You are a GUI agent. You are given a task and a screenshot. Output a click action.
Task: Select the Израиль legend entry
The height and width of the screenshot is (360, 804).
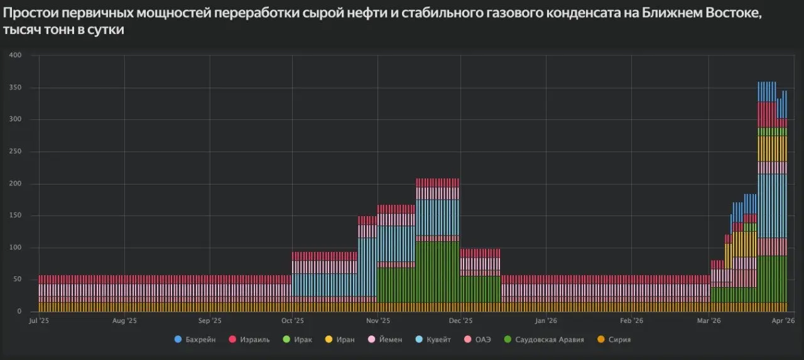tap(251, 340)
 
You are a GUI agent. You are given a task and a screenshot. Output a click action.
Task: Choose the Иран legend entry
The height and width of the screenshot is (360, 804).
tap(340, 340)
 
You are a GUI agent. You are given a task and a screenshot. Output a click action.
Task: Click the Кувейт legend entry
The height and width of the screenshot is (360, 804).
tap(433, 340)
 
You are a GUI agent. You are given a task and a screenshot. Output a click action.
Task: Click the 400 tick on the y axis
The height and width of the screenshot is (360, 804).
tap(16, 55)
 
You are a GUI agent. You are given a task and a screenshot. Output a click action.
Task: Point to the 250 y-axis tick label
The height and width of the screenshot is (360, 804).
tap(16, 151)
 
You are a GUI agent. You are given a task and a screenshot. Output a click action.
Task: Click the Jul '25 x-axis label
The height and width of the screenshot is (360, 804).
tap(40, 321)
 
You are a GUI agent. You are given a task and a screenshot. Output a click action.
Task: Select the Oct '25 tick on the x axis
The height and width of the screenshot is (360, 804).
tap(292, 321)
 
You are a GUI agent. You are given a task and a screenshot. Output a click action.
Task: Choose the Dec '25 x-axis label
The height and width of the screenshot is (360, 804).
tap(461, 321)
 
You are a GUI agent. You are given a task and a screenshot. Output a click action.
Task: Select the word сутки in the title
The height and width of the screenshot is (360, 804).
tap(106, 30)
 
